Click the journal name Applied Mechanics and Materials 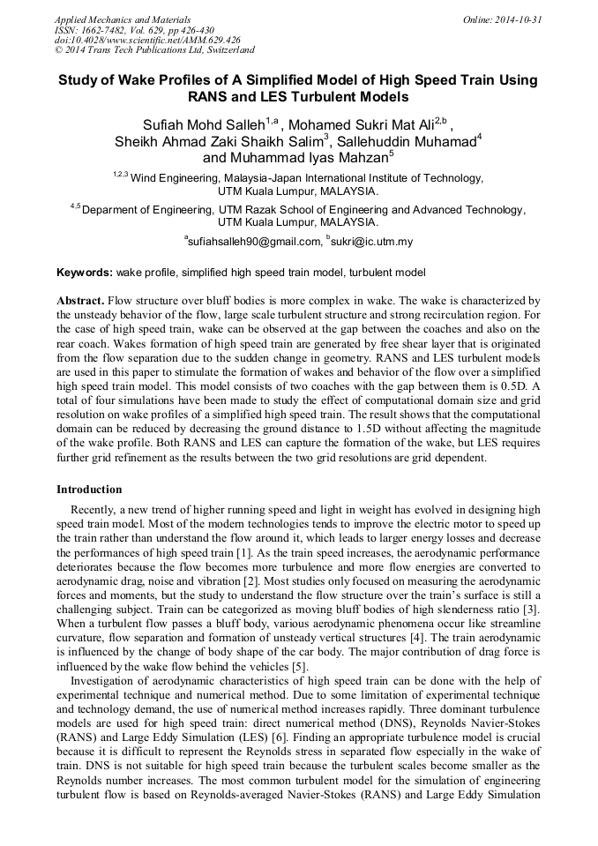pos(123,19)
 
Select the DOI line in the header pos(148,41)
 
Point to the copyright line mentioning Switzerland pos(154,51)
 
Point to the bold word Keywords pos(84,273)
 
